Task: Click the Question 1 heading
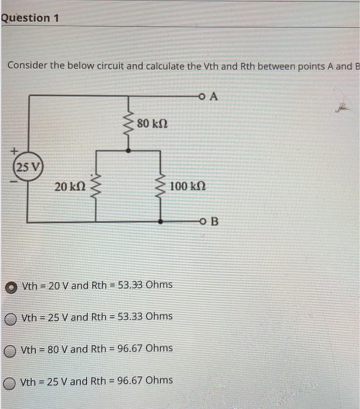[x=30, y=18]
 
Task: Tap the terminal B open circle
[x=202, y=222]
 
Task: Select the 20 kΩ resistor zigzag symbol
[x=95, y=186]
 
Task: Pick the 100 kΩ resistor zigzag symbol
[x=161, y=186]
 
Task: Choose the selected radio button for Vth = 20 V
[x=12, y=286]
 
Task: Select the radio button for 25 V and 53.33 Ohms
[x=12, y=318]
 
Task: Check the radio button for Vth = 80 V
[x=12, y=349]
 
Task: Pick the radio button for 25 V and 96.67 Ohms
[x=12, y=382]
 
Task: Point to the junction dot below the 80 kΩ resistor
[x=129, y=150]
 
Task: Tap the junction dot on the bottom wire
[x=161, y=222]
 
